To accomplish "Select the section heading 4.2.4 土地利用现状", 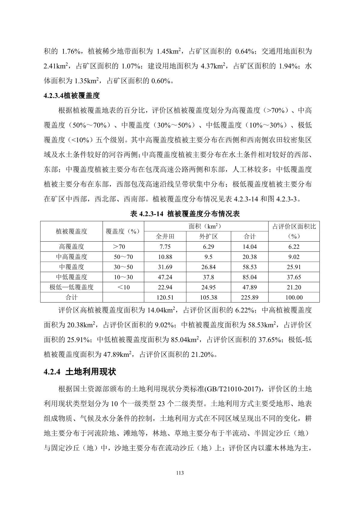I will point(80,372).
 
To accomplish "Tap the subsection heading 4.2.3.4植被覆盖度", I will point(71,96).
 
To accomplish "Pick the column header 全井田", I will point(165,236).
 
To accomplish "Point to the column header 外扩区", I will point(208,236).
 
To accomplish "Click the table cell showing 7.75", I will point(165,247).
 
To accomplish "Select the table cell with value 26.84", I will point(208,267).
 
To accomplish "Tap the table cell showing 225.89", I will point(250,297).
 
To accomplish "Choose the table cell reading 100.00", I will point(294,297).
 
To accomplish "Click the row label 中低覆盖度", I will point(71,277).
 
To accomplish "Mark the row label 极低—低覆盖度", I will point(71,287).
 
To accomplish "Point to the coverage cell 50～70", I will point(123,257).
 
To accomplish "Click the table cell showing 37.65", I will point(294,277).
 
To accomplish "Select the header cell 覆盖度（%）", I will point(123,231).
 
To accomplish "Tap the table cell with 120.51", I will point(165,297).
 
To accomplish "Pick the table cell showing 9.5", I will point(208,257).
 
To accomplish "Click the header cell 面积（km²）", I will point(206,226).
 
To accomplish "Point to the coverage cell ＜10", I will point(123,287).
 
